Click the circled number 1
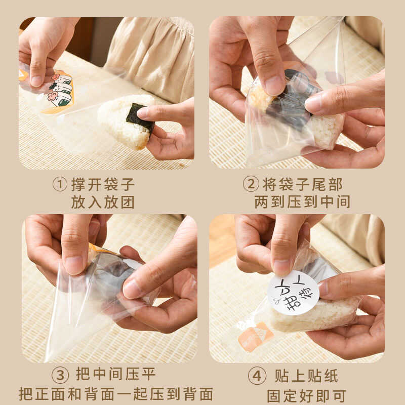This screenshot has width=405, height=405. pyautogui.click(x=60, y=184)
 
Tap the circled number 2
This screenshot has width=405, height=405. pyautogui.click(x=251, y=184)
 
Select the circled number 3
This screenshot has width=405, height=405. pyautogui.click(x=60, y=375)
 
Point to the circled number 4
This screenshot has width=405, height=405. pyautogui.click(x=257, y=376)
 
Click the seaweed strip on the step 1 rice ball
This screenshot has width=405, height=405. pyautogui.click(x=140, y=118)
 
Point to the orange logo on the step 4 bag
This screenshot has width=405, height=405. pyautogui.click(x=255, y=337)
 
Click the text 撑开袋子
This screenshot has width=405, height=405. pyautogui.click(x=103, y=184)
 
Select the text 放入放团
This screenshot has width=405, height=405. pyautogui.click(x=103, y=202)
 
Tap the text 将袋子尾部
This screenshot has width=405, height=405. pyautogui.click(x=302, y=184)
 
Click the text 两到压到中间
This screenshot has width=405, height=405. pyautogui.click(x=302, y=202)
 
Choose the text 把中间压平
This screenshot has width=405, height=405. pyautogui.click(x=115, y=374)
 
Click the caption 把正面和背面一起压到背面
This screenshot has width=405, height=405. pyautogui.click(x=116, y=394)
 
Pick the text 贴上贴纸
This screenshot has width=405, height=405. pyautogui.click(x=306, y=376)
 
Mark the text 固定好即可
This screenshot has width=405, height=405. pyautogui.click(x=306, y=396)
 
